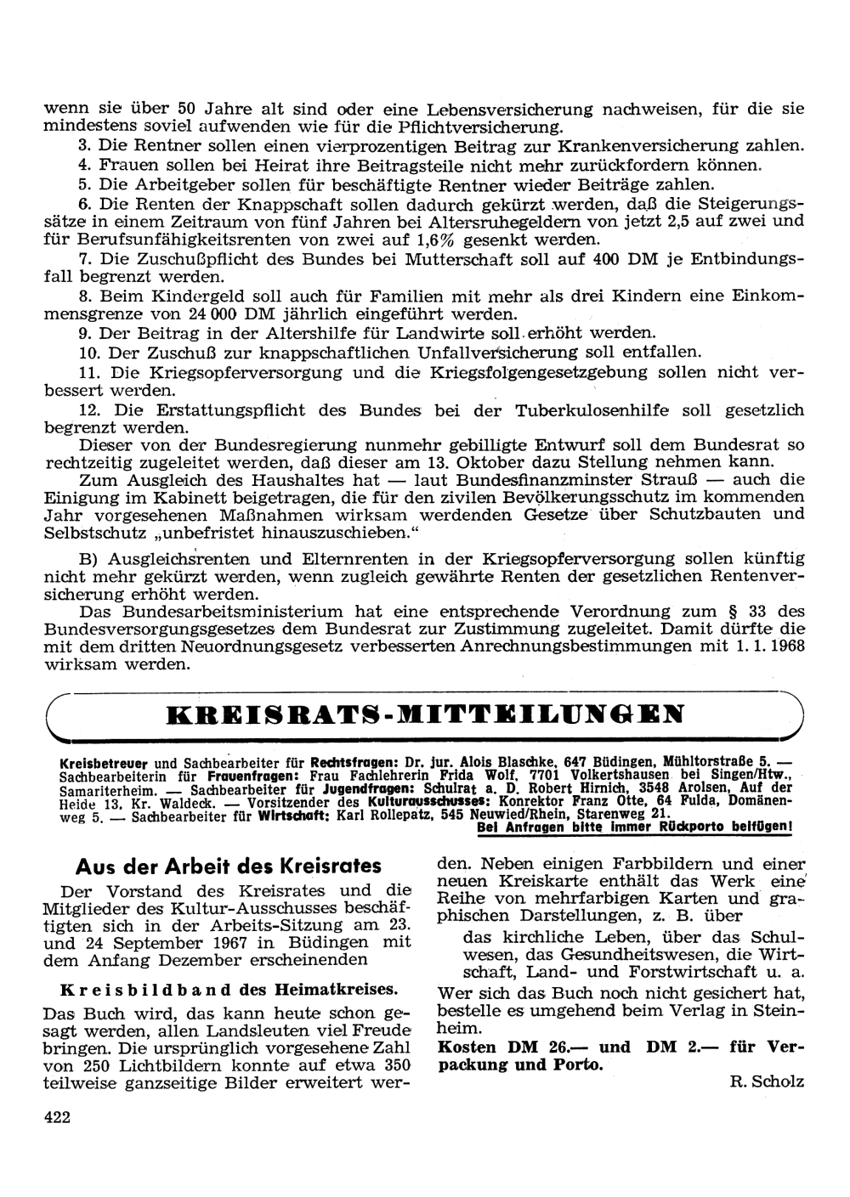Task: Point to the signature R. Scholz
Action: click(x=766, y=1081)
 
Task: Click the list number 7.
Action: click(x=83, y=258)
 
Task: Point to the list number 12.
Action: click(x=88, y=410)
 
